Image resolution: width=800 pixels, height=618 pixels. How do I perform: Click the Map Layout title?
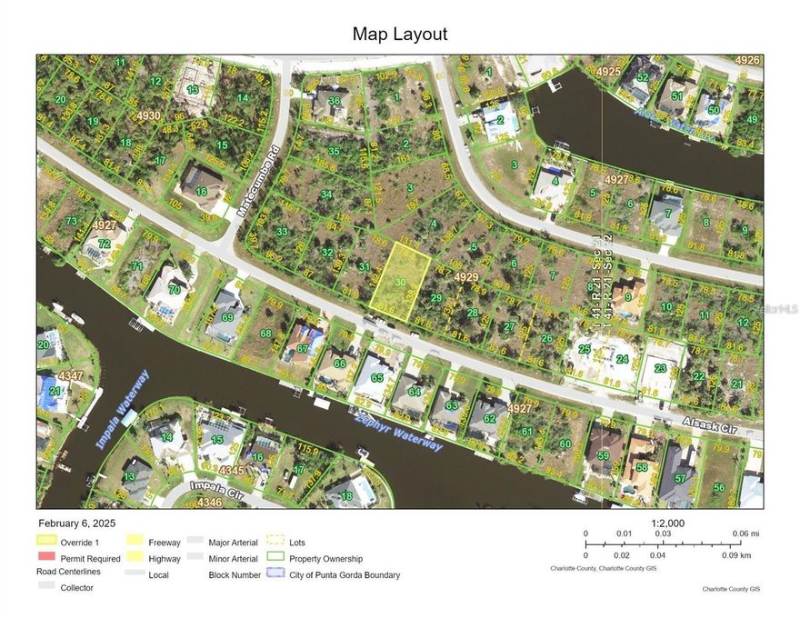pos(400,35)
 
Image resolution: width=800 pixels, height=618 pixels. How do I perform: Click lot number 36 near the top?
pos(335,101)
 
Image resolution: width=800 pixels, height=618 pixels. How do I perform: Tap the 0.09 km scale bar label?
pos(735,554)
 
